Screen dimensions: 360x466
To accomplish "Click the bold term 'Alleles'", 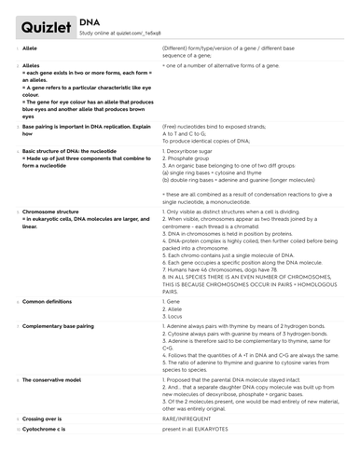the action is (x=31, y=67).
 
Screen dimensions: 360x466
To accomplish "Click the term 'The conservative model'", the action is (x=54, y=382).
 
